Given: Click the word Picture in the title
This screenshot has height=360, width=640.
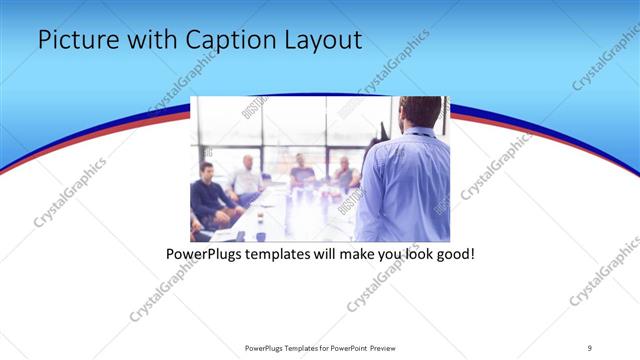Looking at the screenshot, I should click(73, 40).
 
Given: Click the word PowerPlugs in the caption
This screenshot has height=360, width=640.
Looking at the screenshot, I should click(204, 255).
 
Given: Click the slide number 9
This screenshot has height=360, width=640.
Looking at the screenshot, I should click(590, 348).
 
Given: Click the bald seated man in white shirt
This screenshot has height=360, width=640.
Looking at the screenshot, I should click(246, 176).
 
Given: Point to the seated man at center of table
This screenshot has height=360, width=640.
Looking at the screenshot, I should click(300, 172).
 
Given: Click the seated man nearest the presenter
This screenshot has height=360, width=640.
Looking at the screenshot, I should click(345, 174).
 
